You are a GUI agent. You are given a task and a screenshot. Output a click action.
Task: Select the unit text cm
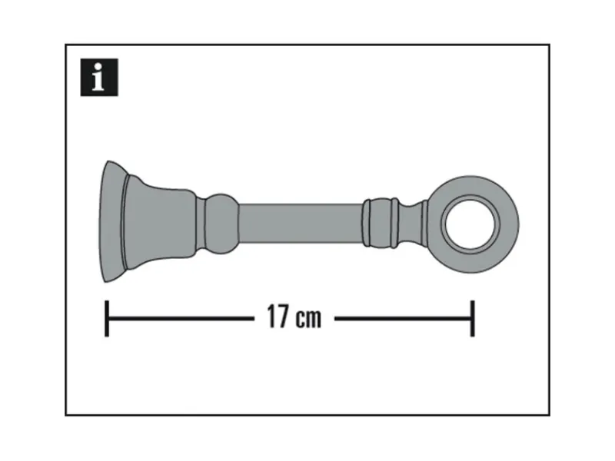coord(307,318)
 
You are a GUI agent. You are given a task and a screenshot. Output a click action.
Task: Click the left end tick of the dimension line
coord(107,318)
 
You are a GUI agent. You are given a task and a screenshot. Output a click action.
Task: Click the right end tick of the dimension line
coord(472,318)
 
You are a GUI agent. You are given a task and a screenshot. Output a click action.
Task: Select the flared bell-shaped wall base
coord(154,223)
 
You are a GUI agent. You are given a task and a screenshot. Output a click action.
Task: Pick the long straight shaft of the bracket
coord(300,223)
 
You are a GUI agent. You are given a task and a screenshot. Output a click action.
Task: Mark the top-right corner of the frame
coord(549,45)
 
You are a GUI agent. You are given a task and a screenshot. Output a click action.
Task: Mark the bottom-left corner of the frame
coord(66,415)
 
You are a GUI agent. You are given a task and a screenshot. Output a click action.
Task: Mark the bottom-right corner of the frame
coord(549,415)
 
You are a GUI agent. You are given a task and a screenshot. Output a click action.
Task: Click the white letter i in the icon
coord(98,80)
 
